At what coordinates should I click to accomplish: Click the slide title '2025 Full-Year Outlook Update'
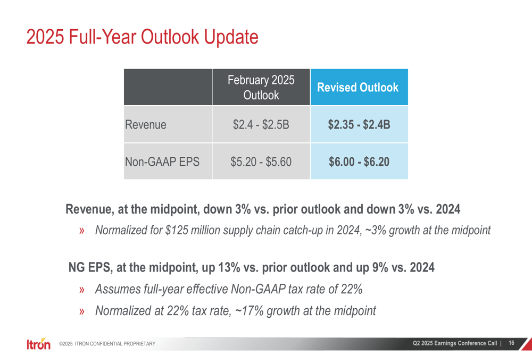[142, 37]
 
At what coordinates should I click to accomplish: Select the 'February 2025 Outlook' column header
[261, 87]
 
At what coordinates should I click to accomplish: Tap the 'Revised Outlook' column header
[359, 88]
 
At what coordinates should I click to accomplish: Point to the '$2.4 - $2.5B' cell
[261, 125]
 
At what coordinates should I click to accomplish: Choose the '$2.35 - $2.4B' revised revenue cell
[359, 125]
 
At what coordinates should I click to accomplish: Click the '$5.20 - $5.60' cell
[261, 161]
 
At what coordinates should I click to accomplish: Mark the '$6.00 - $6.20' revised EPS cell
[359, 161]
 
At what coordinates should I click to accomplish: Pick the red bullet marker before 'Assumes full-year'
[82, 290]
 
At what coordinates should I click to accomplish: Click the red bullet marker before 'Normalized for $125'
[82, 231]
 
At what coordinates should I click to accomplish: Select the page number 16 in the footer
[511, 343]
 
